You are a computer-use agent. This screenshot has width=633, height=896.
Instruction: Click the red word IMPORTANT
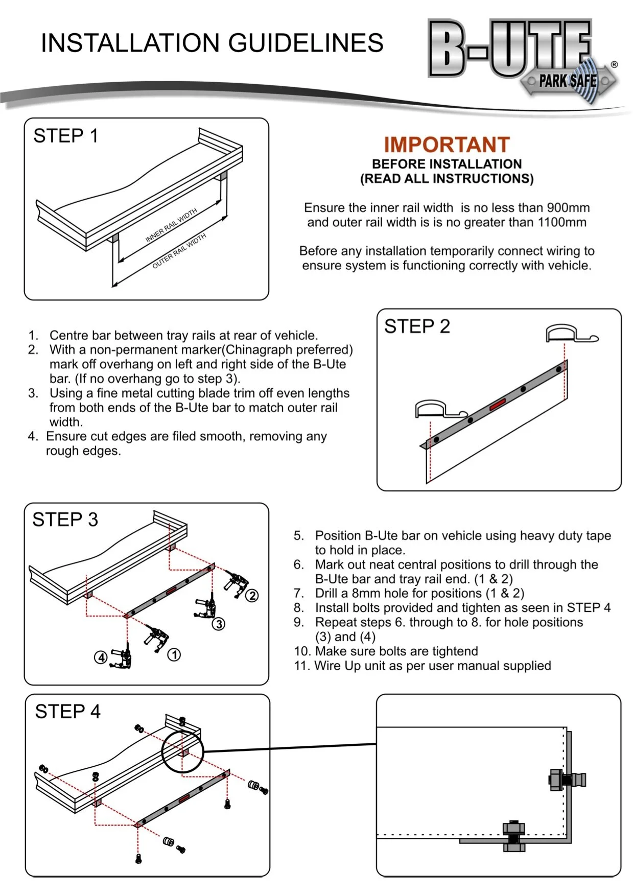tap(447, 145)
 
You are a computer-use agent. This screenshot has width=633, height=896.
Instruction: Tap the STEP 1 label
tap(65, 136)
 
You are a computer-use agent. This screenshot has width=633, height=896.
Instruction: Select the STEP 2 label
tap(417, 326)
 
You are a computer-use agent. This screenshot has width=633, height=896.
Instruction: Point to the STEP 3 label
tap(65, 520)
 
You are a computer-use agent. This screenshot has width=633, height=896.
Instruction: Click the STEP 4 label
tap(67, 712)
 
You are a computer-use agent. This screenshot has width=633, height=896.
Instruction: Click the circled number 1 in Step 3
tap(174, 654)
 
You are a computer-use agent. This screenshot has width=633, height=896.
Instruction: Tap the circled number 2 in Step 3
tap(252, 596)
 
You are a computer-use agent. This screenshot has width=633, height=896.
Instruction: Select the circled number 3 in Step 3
tap(219, 624)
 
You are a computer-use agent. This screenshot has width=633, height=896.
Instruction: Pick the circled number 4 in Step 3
tap(101, 657)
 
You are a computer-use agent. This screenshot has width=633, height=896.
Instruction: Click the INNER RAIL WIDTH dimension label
tap(171, 225)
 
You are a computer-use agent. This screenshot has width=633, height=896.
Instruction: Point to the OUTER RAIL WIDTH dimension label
tap(179, 250)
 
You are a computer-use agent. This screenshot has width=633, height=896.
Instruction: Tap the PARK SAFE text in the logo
tap(568, 81)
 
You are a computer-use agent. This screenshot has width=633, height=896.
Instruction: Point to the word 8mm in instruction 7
tap(364, 594)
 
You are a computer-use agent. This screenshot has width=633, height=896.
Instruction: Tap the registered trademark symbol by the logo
tap(614, 64)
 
